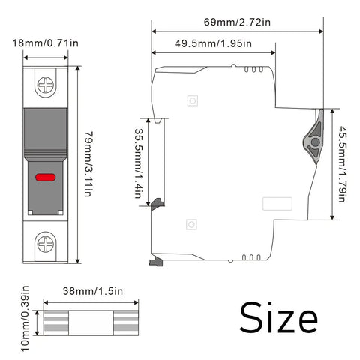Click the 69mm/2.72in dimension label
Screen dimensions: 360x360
tap(237, 22)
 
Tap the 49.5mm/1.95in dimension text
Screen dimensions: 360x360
tap(213, 43)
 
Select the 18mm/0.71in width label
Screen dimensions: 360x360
tap(45, 43)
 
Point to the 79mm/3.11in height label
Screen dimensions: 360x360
tap(88, 164)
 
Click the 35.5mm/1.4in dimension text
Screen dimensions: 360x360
tap(139, 163)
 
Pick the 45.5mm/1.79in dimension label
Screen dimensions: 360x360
tap(342, 164)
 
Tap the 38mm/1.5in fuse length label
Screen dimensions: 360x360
tap(93, 291)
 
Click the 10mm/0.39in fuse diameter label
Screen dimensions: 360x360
tap(25, 319)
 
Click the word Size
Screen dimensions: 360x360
tap(279, 317)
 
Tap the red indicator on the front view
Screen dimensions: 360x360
tap(45, 178)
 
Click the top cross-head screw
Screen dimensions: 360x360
tap(46, 85)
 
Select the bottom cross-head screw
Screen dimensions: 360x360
tap(46, 244)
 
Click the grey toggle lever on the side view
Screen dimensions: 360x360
tap(314, 137)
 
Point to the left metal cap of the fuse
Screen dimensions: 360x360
tap(56, 322)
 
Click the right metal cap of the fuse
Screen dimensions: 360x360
tap(126, 322)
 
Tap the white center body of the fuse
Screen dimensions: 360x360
tap(91, 322)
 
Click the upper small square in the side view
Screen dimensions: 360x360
tap(193, 100)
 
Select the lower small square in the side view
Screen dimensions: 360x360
tap(191, 224)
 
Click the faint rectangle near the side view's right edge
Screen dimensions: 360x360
tap(277, 204)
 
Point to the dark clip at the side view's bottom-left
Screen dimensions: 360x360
tap(156, 261)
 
